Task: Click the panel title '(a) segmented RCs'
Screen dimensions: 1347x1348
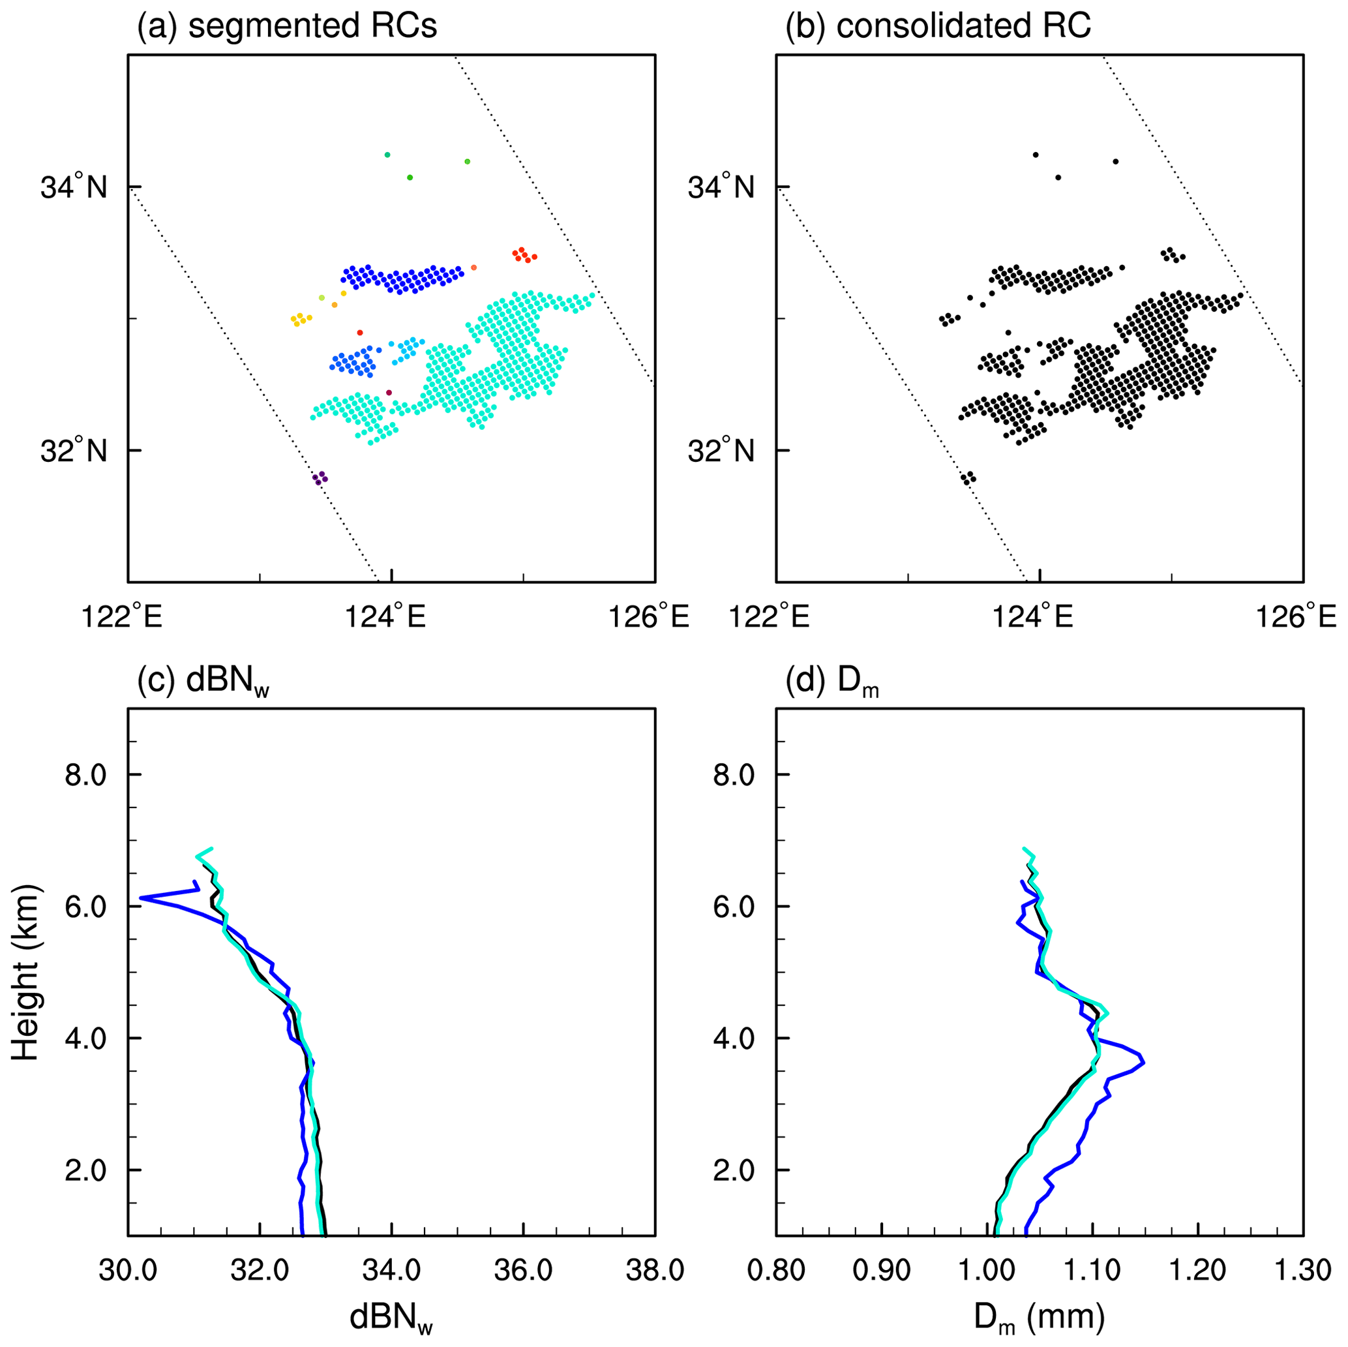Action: point(287,27)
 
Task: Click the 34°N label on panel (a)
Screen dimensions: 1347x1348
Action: point(74,187)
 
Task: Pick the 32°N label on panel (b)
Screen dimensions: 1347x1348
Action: point(721,451)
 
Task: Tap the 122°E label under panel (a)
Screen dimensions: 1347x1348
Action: point(123,618)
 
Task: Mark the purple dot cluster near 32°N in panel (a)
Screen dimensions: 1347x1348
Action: point(320,478)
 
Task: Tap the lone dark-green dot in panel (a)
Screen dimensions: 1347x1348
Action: point(410,177)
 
